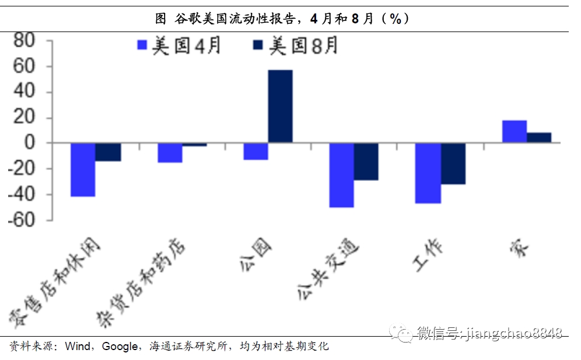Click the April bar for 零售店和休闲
click(83, 170)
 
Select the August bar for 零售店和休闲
click(108, 152)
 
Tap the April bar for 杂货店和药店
click(170, 153)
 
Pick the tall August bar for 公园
click(281, 106)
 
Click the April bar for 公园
click(256, 151)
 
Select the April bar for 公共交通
click(341, 175)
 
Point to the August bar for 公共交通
click(366, 162)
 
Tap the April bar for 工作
click(428, 173)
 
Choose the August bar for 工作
click(453, 163)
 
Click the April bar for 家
click(514, 131)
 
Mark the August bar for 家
click(539, 138)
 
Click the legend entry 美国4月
click(178, 46)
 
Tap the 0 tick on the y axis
click(30, 143)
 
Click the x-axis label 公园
click(256, 251)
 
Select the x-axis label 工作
click(429, 256)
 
